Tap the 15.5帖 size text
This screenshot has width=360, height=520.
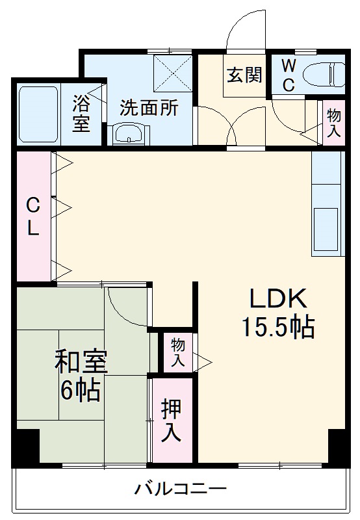(278, 327)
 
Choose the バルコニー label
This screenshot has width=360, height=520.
(180, 487)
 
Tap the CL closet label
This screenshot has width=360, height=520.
(32, 216)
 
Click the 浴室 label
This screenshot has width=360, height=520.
(81, 113)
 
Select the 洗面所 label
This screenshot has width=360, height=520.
(149, 108)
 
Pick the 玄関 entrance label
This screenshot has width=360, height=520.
(245, 74)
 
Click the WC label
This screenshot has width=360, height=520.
(289, 75)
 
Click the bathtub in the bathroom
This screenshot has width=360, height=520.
(40, 114)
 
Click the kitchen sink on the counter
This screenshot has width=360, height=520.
(326, 227)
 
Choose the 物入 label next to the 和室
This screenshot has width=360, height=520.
(177, 352)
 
